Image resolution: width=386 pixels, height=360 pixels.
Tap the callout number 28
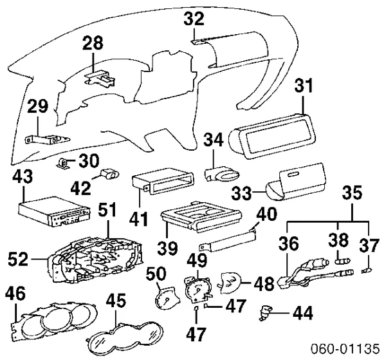(x=93, y=44)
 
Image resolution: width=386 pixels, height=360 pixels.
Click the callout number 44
(x=302, y=314)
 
